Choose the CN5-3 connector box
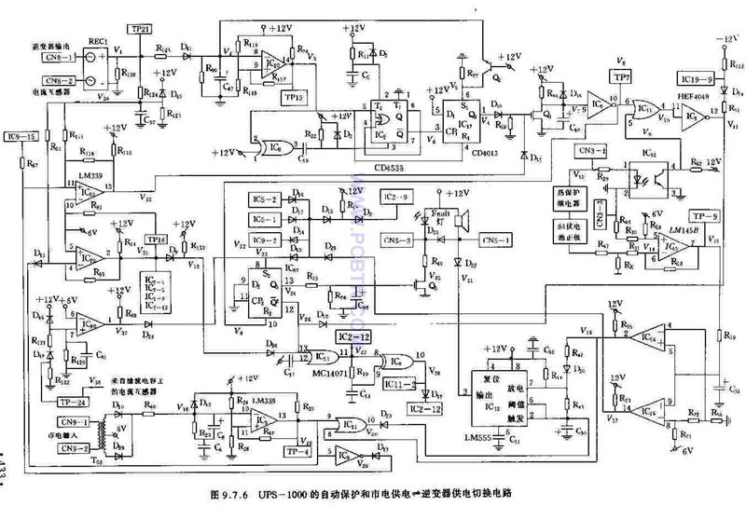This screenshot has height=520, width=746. pos(403,239)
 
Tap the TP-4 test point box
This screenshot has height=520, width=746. pos(298,452)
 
